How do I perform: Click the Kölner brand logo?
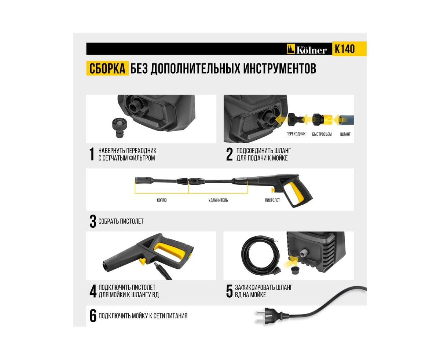pyautogui.click(x=306, y=49)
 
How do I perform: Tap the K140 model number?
pyautogui.click(x=344, y=49)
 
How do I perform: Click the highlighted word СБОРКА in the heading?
pyautogui.click(x=107, y=68)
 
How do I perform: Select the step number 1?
pyautogui.click(x=92, y=154)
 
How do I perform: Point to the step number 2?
pyautogui.click(x=229, y=154)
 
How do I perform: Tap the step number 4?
pyautogui.click(x=93, y=291)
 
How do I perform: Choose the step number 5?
pyautogui.click(x=229, y=291)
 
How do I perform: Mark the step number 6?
pyautogui.click(x=93, y=316)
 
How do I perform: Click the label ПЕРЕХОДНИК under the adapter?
pyautogui.click(x=296, y=134)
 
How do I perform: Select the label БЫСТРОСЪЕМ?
pyautogui.click(x=322, y=134)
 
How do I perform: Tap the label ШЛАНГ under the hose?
pyautogui.click(x=345, y=134)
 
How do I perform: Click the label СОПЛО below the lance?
pyautogui.click(x=162, y=200)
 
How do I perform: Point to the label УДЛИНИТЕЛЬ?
pyautogui.click(x=218, y=200)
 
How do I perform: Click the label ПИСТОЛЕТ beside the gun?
pyautogui.click(x=272, y=200)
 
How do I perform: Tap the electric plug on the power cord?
pyautogui.click(x=268, y=316)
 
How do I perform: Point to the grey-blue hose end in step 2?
pyautogui.click(x=346, y=120)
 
